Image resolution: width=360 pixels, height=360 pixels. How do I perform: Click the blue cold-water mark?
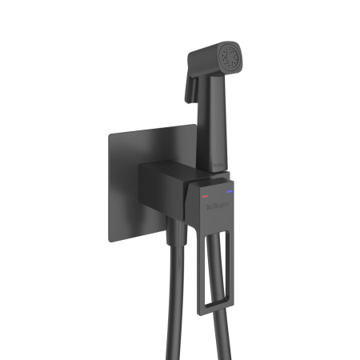click(232, 191)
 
